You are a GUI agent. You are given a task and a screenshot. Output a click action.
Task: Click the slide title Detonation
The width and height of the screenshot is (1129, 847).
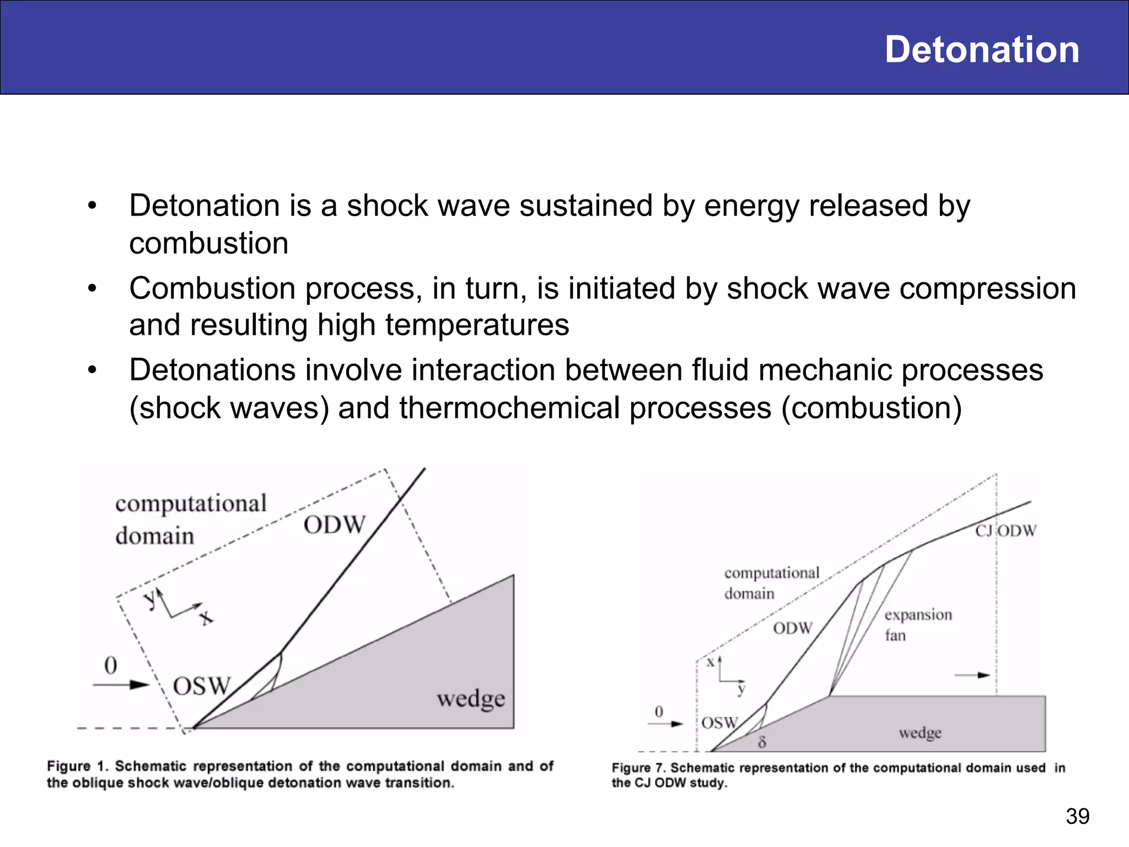981,50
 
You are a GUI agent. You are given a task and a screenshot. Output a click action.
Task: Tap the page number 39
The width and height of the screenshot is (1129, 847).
1077,816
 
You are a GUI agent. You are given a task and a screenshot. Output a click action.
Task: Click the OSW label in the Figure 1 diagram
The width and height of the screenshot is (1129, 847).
201,687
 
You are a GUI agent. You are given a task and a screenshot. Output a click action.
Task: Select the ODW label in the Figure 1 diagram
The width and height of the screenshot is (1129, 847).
334,525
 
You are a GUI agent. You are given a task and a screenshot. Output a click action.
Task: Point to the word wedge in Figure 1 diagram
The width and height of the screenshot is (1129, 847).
471,699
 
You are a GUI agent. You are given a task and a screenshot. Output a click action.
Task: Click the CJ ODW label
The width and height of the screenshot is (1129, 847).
1006,531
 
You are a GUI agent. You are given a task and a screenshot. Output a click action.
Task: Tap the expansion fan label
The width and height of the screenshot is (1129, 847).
918,625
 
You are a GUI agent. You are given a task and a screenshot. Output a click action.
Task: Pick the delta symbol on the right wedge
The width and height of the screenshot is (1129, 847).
762,742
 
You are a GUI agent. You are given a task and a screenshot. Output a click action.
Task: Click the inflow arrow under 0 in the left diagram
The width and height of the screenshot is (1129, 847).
121,685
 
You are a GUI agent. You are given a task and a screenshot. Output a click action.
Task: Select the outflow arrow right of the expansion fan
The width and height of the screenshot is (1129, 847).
972,675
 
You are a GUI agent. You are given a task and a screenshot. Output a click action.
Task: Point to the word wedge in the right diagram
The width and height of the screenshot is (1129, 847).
920,733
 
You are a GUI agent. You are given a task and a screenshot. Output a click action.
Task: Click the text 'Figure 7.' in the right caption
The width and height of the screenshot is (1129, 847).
639,768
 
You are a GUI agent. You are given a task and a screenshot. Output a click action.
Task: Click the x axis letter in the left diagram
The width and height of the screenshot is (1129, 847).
206,618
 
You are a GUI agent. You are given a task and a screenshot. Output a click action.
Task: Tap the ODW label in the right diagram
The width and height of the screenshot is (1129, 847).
792,628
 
